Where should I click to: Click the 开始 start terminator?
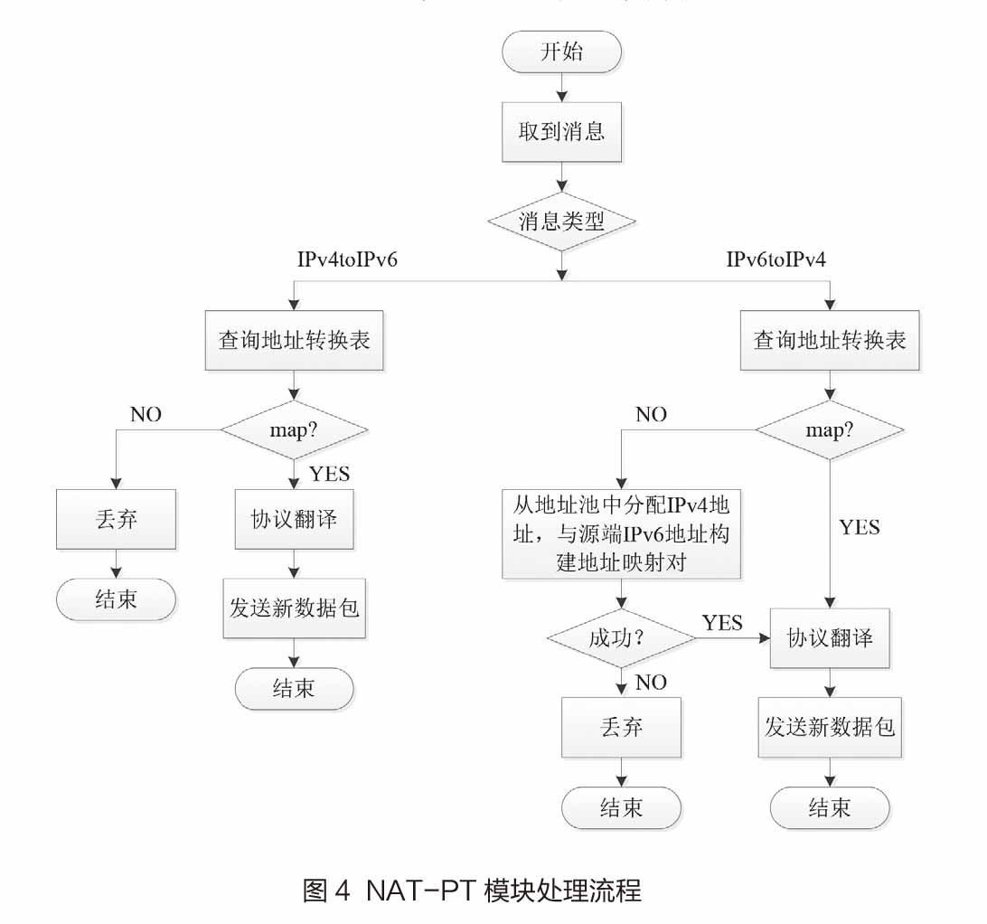[x=561, y=52]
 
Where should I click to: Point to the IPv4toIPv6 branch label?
[x=348, y=259]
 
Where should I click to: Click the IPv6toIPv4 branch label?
[x=776, y=259]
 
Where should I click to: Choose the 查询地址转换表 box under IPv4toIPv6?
[x=294, y=341]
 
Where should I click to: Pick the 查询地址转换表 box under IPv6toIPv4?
[x=829, y=341]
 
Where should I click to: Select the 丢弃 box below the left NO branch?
[x=117, y=519]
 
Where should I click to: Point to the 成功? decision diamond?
[x=621, y=638]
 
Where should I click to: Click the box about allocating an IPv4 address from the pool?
[x=621, y=534]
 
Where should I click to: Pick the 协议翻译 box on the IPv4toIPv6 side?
[x=295, y=519]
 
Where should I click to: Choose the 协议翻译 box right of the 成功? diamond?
[x=829, y=637]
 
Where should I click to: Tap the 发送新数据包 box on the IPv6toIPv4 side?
[x=829, y=726]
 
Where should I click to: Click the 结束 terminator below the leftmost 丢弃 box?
[x=117, y=600]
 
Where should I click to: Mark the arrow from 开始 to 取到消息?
[x=562, y=88]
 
